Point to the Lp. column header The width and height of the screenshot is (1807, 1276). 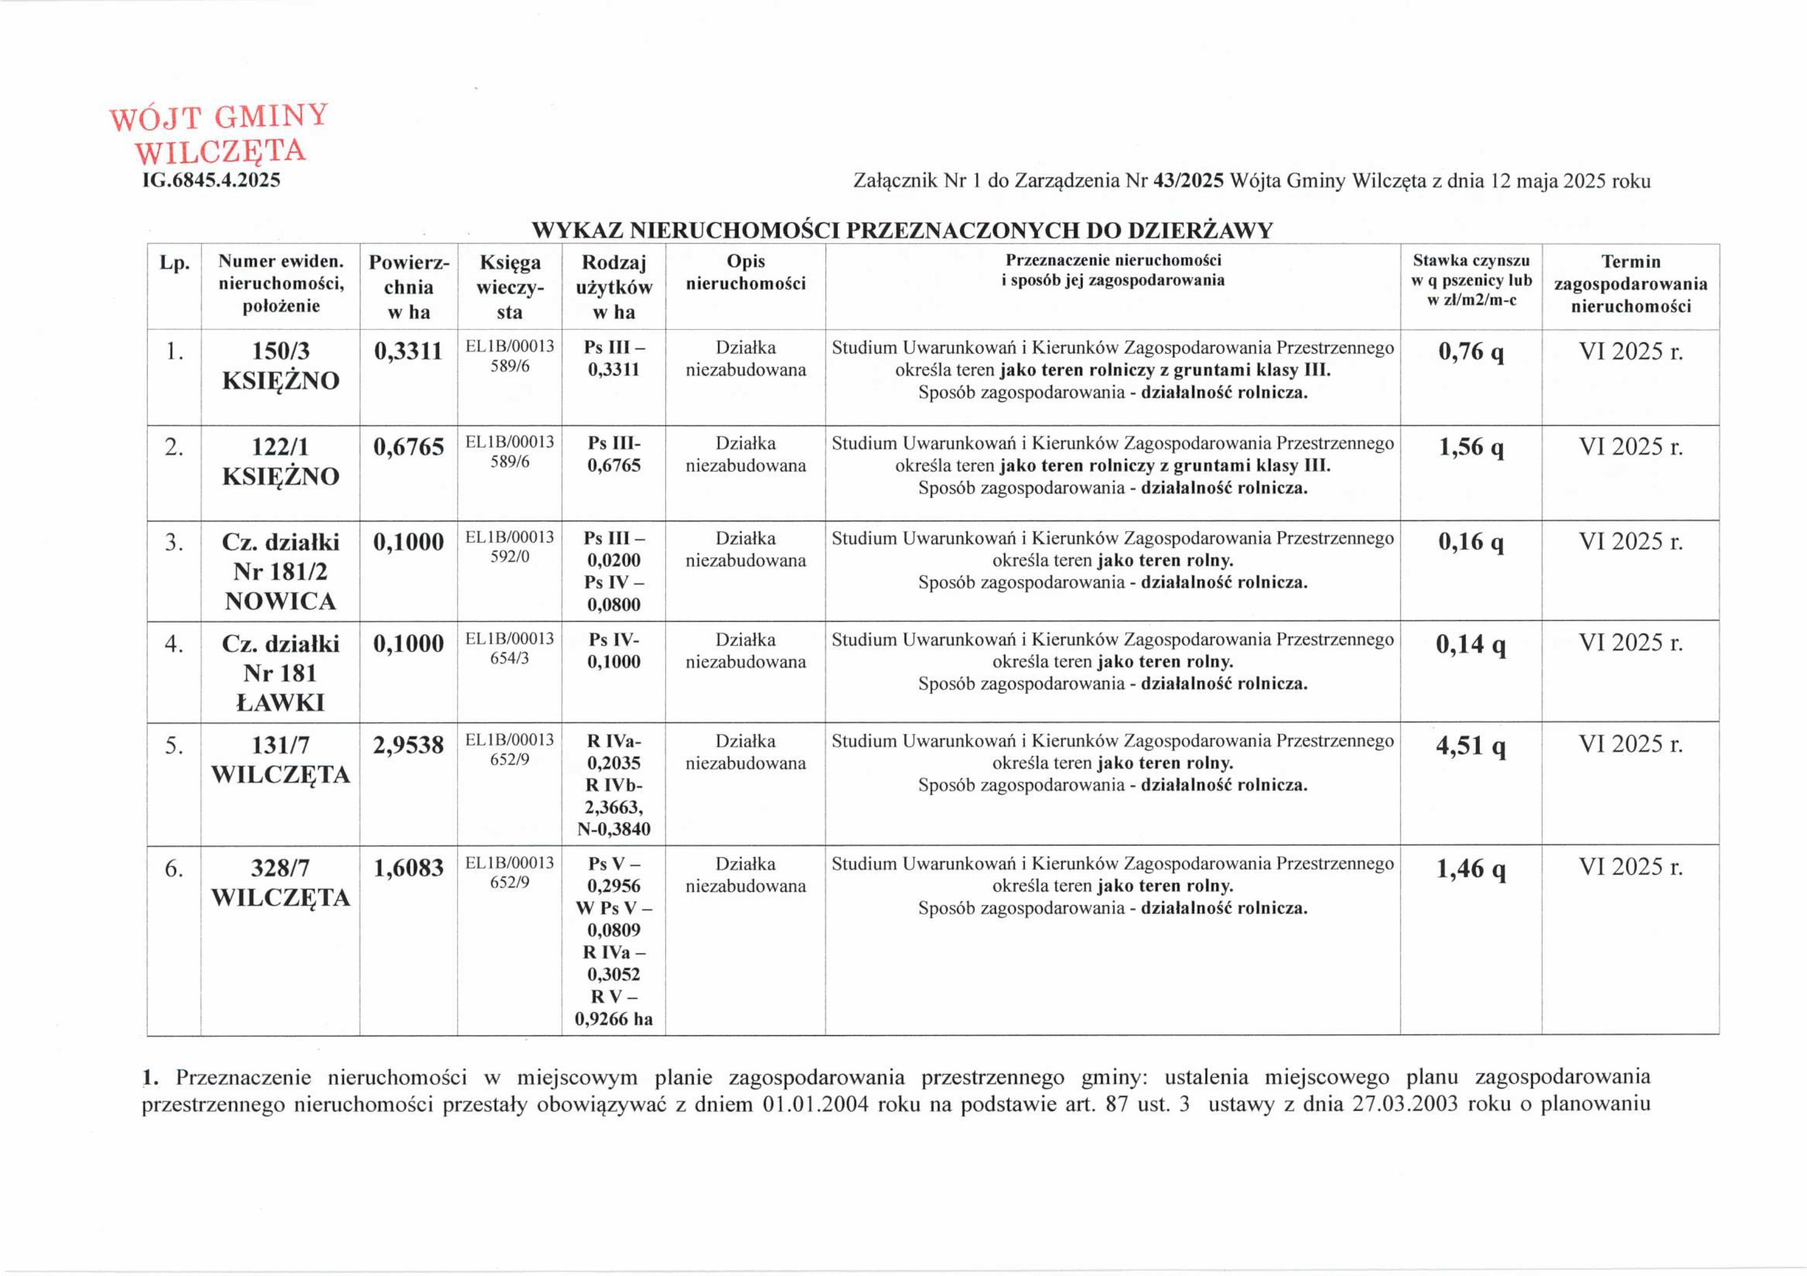point(174,263)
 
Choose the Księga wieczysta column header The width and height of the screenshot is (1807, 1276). point(509,287)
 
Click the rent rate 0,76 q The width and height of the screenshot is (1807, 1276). point(1471,352)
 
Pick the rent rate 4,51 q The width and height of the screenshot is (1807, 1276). point(1470,746)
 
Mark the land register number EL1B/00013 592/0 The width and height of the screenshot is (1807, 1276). point(509,547)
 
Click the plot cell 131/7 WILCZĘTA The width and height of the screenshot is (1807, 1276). point(280,760)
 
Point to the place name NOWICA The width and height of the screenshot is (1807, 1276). point(280,602)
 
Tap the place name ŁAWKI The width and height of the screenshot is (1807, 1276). point(280,703)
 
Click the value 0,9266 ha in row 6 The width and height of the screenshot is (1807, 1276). point(613,1019)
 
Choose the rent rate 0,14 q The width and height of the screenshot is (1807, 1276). point(1470,644)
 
